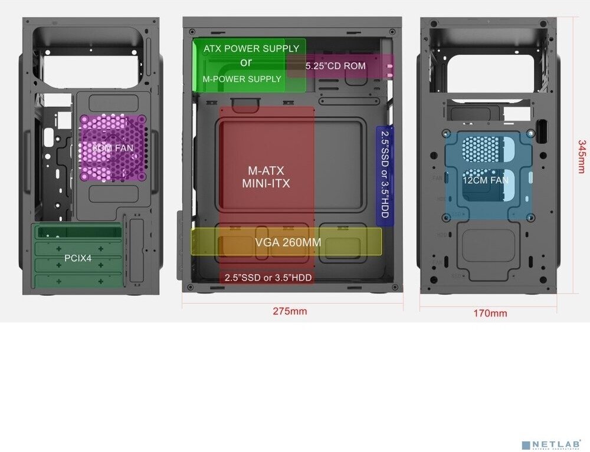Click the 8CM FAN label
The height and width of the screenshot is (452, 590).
point(113,148)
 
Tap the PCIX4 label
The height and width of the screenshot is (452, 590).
point(78,258)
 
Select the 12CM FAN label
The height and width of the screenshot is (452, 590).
point(485,180)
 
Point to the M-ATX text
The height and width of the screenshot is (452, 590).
point(265,171)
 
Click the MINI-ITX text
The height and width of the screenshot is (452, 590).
point(265,184)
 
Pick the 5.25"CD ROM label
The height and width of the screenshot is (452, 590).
point(335,66)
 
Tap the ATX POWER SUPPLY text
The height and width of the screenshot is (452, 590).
point(251,48)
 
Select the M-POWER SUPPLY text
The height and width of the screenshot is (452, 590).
point(242,79)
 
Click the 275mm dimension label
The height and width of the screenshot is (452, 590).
point(290,311)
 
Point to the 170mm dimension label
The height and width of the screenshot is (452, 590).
point(490,313)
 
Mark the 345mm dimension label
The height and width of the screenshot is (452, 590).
point(582,156)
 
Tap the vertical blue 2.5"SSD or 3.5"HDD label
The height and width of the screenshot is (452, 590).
point(385,174)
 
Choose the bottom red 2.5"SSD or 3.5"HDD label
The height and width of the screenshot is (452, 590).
point(268,278)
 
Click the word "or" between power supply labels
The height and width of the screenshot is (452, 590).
point(246,62)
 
